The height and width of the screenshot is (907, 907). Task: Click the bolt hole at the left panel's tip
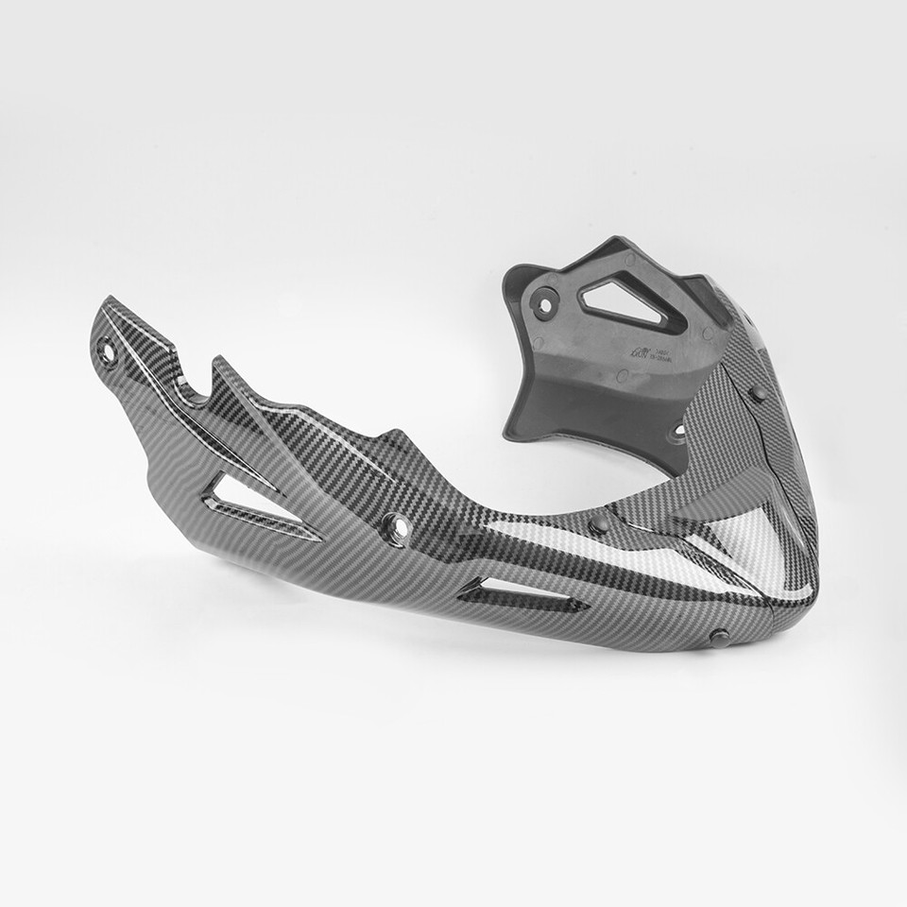coord(108,353)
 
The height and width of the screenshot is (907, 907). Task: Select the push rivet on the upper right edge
coord(758,392)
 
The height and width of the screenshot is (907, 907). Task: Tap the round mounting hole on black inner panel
coord(544,303)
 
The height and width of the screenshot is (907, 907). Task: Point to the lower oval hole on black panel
coord(676,433)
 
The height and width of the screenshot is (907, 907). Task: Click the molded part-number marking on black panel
coord(652,351)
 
